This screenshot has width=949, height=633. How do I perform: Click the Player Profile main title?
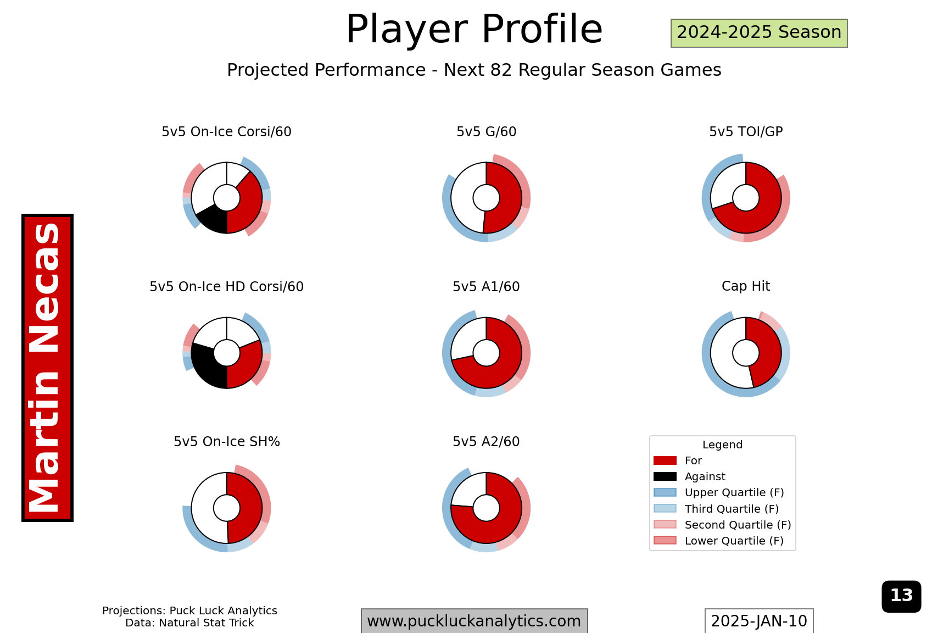[474, 29]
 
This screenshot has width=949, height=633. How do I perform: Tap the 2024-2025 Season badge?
[759, 33]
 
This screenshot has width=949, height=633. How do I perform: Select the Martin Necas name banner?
[47, 368]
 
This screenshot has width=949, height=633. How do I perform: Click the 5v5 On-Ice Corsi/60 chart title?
[226, 132]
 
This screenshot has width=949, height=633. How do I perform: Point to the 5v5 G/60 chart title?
[486, 132]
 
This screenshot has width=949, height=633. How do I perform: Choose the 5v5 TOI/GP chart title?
[746, 132]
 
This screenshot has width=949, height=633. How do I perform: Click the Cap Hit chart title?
[746, 286]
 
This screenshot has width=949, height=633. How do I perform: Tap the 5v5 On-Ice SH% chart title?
[226, 442]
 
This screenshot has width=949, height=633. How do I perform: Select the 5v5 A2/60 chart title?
[486, 442]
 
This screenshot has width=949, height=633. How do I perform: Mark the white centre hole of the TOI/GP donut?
[746, 198]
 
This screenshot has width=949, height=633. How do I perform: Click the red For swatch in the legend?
[665, 460]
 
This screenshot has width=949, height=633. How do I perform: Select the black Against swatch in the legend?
[665, 476]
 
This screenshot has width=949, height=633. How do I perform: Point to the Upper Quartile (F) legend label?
[734, 492]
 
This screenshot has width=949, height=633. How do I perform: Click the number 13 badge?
[901, 596]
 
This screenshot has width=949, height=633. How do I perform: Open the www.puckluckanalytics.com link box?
[474, 621]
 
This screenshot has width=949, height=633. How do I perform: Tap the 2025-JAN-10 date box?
[759, 621]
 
